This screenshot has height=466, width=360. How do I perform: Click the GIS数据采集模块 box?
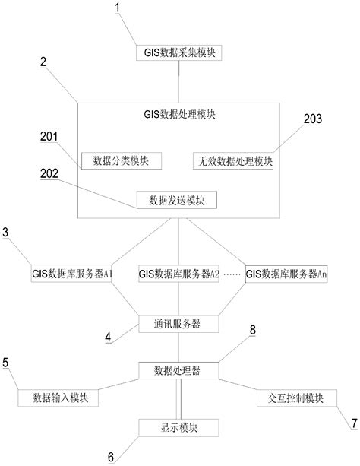pyautogui.click(x=178, y=52)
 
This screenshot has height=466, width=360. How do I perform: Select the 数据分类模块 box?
pyautogui.click(x=121, y=160)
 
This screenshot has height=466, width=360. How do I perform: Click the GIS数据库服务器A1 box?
pyautogui.click(x=71, y=273)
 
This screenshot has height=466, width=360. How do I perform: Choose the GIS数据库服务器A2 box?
pyautogui.click(x=179, y=273)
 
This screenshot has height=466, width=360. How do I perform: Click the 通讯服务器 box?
pyautogui.click(x=178, y=323)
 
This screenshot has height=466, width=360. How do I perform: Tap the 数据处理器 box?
pyautogui.click(x=179, y=370)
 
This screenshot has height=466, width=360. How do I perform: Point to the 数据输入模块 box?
pyautogui.click(x=60, y=398)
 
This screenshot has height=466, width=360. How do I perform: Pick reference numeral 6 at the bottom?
pyautogui.click(x=112, y=456)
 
